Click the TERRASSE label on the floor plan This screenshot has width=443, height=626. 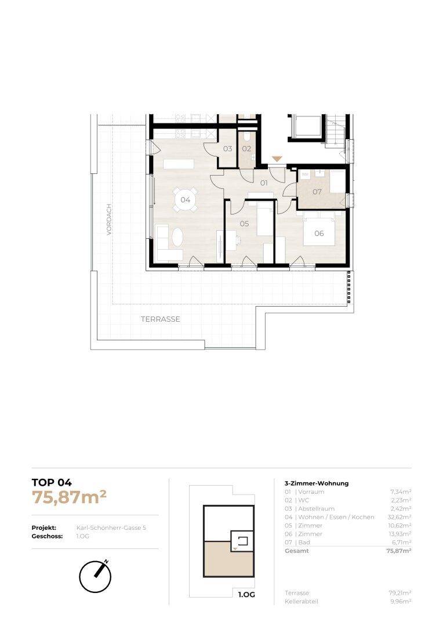pyautogui.click(x=160, y=319)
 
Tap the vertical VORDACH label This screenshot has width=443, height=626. pyautogui.click(x=109, y=220)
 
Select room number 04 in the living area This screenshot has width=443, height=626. pyautogui.click(x=186, y=199)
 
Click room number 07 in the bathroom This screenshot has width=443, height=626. pyautogui.click(x=317, y=192)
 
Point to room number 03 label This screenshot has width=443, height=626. pyautogui.click(x=228, y=148)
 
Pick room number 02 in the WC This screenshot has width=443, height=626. pyautogui.click(x=246, y=148)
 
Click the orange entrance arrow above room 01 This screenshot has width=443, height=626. pyautogui.click(x=277, y=159)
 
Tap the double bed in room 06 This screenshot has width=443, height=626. pyautogui.click(x=319, y=229)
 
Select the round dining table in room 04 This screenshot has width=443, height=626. pyautogui.click(x=186, y=199)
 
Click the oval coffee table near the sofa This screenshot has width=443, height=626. pyautogui.click(x=178, y=238)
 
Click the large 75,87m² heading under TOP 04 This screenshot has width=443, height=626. pyautogui.click(x=69, y=497)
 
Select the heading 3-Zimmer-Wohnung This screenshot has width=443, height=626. pyautogui.click(x=317, y=483)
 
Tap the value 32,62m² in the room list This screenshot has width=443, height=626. pyautogui.click(x=400, y=517)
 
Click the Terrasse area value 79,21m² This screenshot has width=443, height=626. pyautogui.click(x=400, y=593)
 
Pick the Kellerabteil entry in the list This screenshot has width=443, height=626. pyautogui.click(x=302, y=601)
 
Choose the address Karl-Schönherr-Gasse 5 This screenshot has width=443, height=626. pyautogui.click(x=111, y=528)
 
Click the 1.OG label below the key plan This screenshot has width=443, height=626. pyautogui.click(x=246, y=595)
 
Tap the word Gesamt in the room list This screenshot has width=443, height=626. pyautogui.click(x=297, y=551)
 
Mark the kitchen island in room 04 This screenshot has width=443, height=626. pyautogui.click(x=179, y=163)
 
